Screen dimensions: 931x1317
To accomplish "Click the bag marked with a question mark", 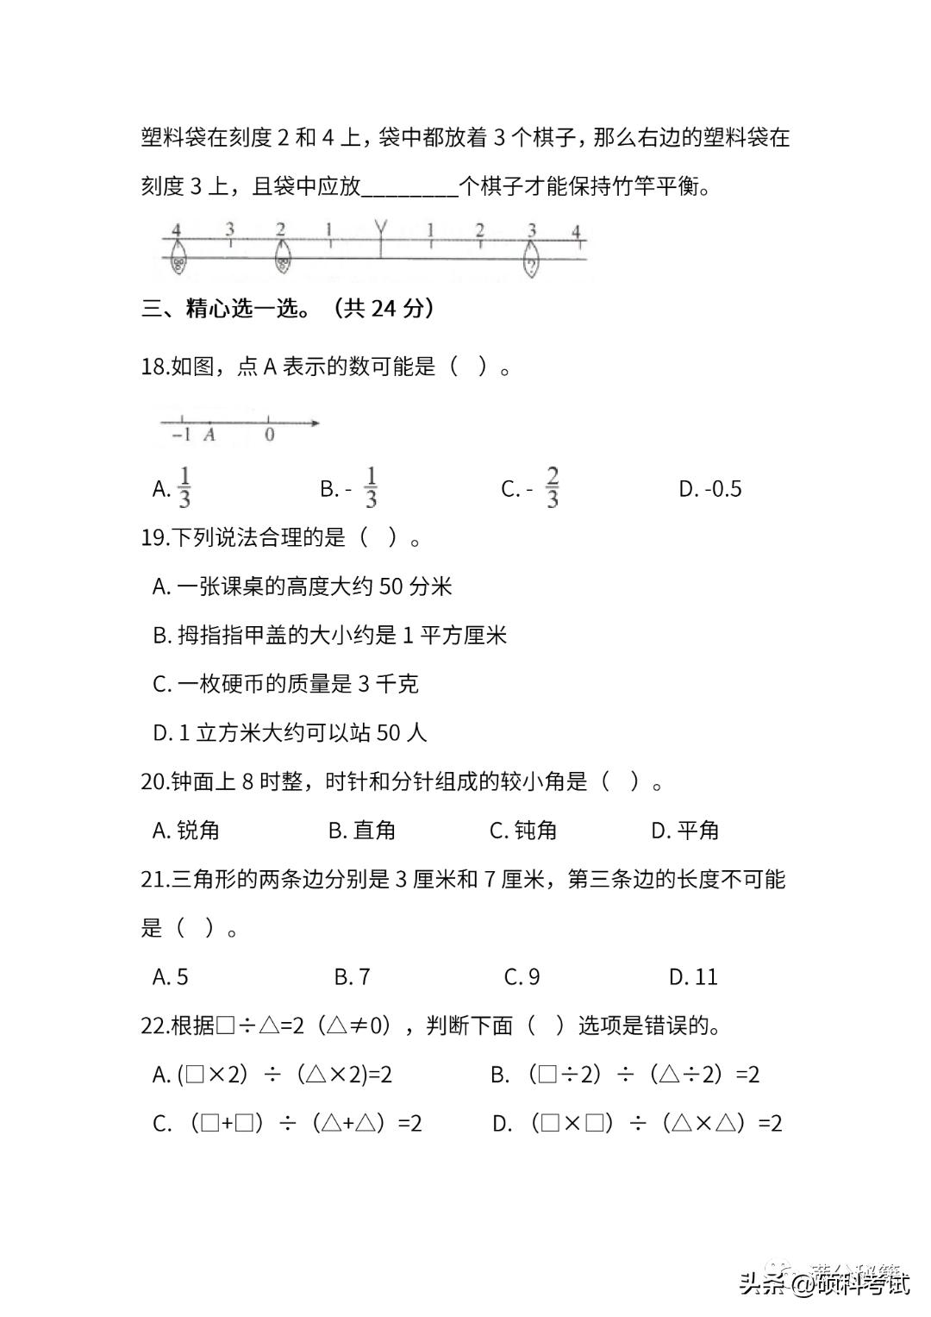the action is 532,260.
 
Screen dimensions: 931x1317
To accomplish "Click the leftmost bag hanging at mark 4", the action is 178,258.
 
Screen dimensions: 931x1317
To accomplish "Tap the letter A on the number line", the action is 209,436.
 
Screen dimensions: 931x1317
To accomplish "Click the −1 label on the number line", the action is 181,436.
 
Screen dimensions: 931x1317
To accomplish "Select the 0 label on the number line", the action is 270,436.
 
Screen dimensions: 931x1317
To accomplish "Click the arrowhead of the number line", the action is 315,423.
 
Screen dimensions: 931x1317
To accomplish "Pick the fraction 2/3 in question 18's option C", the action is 552,488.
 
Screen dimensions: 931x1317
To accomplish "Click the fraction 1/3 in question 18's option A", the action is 184,488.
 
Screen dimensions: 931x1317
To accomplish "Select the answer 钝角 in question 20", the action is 523,831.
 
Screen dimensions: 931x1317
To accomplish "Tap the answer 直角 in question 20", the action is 362,831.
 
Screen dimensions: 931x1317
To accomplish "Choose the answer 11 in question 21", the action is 694,977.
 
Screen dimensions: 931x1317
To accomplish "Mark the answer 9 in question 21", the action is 522,977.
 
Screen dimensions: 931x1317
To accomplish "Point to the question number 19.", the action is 154,538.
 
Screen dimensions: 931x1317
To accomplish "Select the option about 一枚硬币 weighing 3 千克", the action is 286,685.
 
